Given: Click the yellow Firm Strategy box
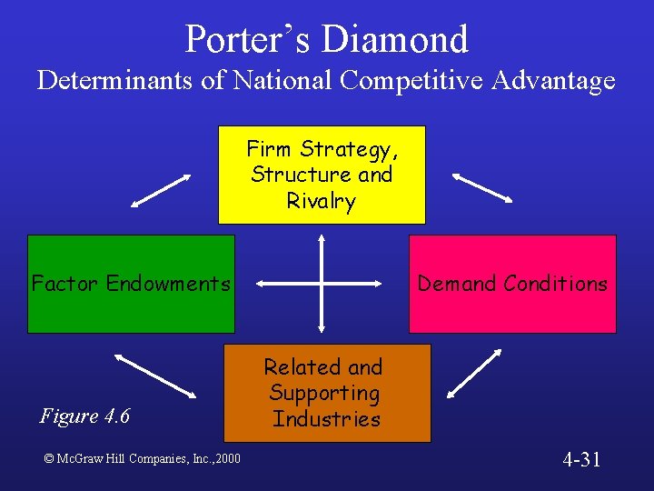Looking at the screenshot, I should tap(322, 175).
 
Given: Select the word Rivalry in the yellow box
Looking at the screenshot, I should tap(322, 201).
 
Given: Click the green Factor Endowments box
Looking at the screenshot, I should tap(131, 284).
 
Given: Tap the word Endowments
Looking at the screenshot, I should tap(168, 284).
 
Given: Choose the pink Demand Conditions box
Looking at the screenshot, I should tap(512, 284).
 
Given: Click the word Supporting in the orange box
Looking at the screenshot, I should tap(323, 393).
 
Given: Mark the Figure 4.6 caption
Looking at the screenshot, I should tap(85, 416).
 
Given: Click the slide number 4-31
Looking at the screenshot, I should tap(581, 459).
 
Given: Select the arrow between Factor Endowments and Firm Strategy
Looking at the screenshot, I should tap(161, 191).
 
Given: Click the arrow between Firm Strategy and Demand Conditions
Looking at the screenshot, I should tap(483, 187).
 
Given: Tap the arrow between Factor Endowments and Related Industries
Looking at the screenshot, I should tap(156, 375).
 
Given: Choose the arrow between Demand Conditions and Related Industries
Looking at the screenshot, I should tap(474, 373).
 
